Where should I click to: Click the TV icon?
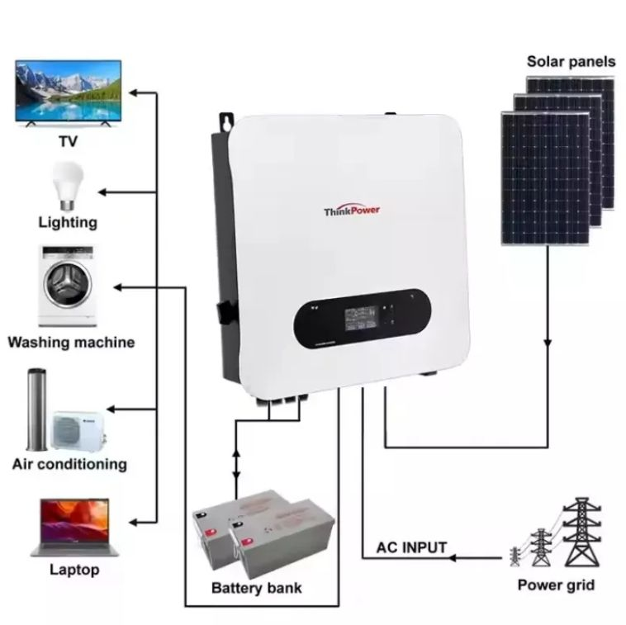[68, 92]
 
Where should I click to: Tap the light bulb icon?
[68, 184]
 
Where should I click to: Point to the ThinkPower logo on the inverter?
[353, 211]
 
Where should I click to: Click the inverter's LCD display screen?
[360, 316]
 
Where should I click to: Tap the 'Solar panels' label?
[571, 61]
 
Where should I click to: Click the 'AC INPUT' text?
[411, 547]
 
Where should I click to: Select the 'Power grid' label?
[556, 586]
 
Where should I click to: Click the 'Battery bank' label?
[257, 588]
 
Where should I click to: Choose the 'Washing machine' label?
[71, 342]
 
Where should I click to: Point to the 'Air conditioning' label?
[70, 463]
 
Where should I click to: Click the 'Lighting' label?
[68, 222]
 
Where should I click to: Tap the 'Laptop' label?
[74, 569]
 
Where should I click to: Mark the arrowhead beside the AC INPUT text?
[454, 559]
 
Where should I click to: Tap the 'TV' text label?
[68, 141]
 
